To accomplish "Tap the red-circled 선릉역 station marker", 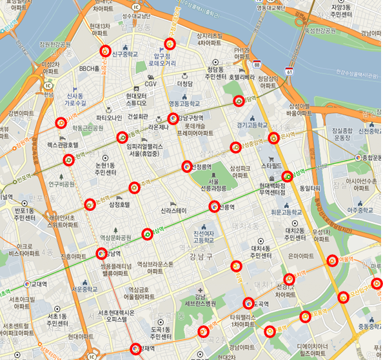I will point(215,206).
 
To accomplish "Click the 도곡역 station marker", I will point(249,303).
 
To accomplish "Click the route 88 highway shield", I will point(257,64).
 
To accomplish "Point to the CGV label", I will point(150,84).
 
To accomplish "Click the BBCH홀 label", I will point(89,68).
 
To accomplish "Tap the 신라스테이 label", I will point(173,211).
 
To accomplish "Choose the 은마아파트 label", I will point(300,256).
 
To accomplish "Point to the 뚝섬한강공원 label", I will point(317,30).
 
